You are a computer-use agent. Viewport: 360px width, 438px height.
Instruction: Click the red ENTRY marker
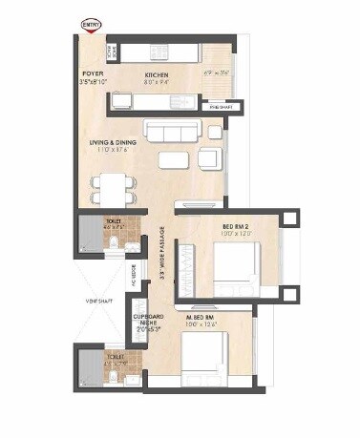pos(92,22)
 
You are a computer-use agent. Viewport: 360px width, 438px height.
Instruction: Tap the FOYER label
pos(92,73)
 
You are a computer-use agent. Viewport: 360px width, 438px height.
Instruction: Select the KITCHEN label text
pos(157,74)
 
